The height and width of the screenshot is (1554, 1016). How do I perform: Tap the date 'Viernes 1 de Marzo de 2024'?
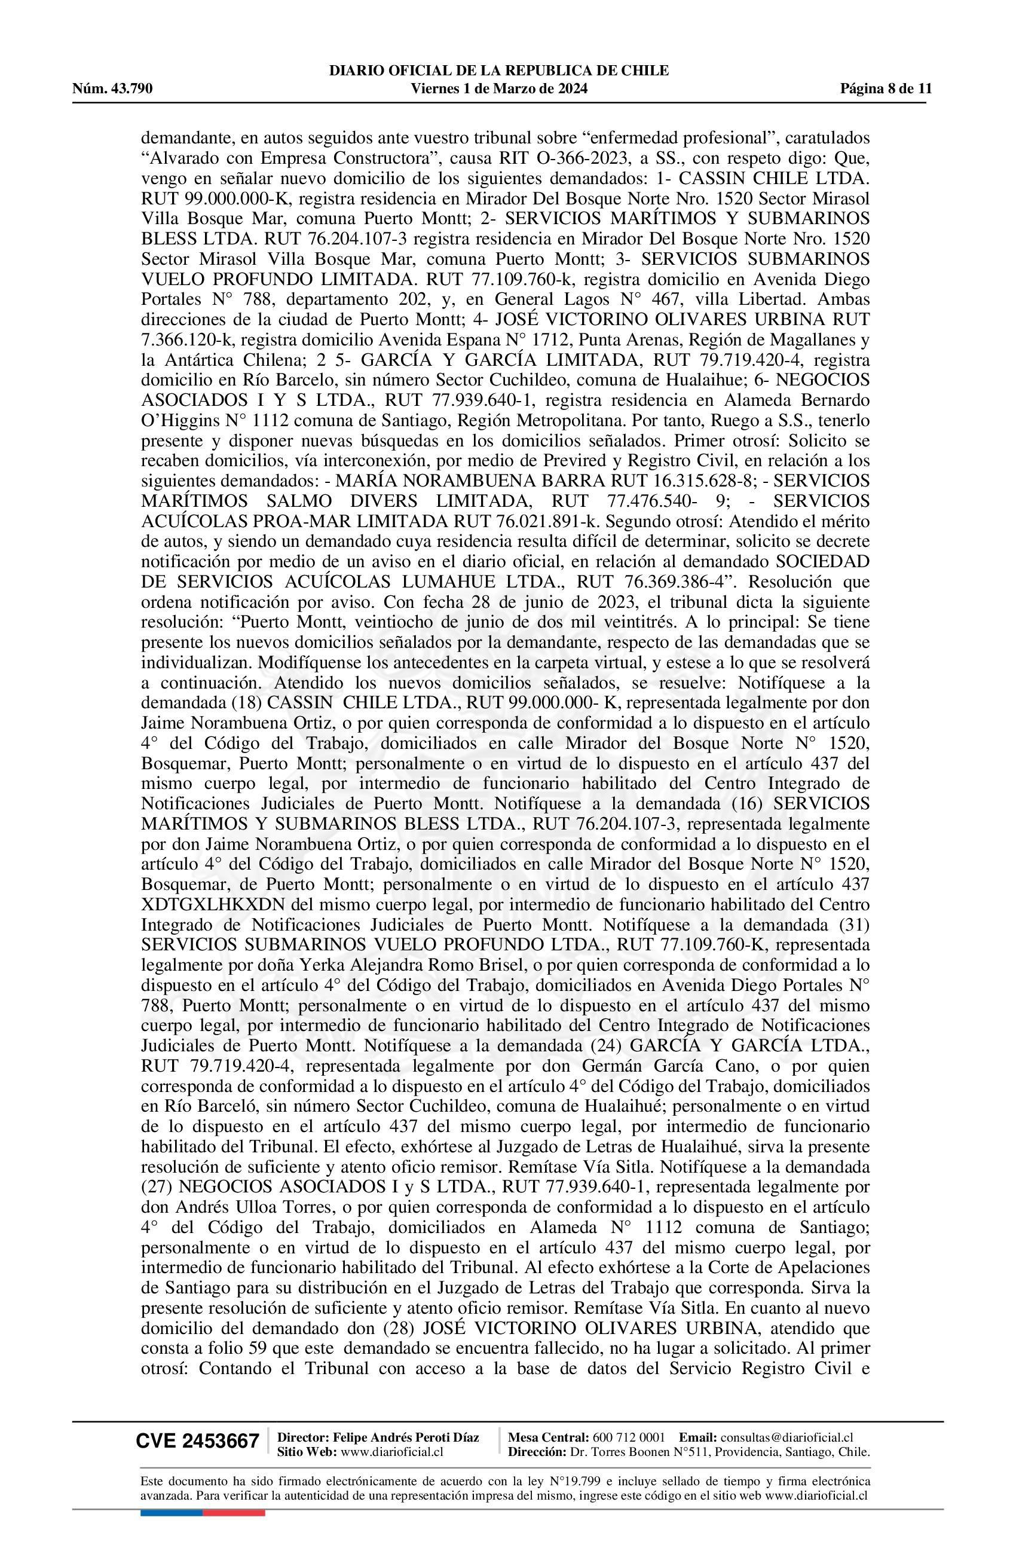[500, 89]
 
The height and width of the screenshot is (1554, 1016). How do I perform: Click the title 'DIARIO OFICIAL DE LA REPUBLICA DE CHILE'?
[500, 71]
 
